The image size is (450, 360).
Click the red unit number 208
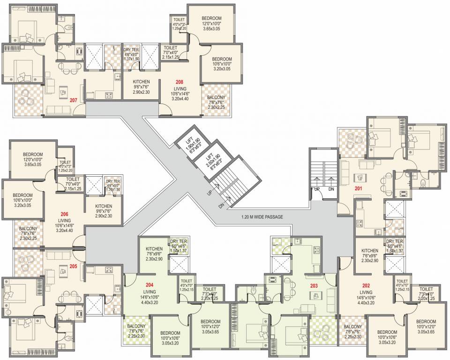point(180,82)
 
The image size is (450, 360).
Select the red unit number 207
point(73,100)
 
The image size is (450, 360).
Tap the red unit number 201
point(359,189)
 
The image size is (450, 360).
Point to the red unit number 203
point(314,285)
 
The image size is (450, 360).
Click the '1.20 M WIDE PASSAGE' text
point(263,217)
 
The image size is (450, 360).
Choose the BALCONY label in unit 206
point(29,229)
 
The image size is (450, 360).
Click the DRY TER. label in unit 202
point(395,241)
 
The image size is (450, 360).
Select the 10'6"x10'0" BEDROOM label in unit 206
point(22,195)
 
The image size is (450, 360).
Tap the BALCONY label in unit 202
point(352,327)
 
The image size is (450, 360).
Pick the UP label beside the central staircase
point(210,193)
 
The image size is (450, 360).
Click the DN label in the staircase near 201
point(330,189)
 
